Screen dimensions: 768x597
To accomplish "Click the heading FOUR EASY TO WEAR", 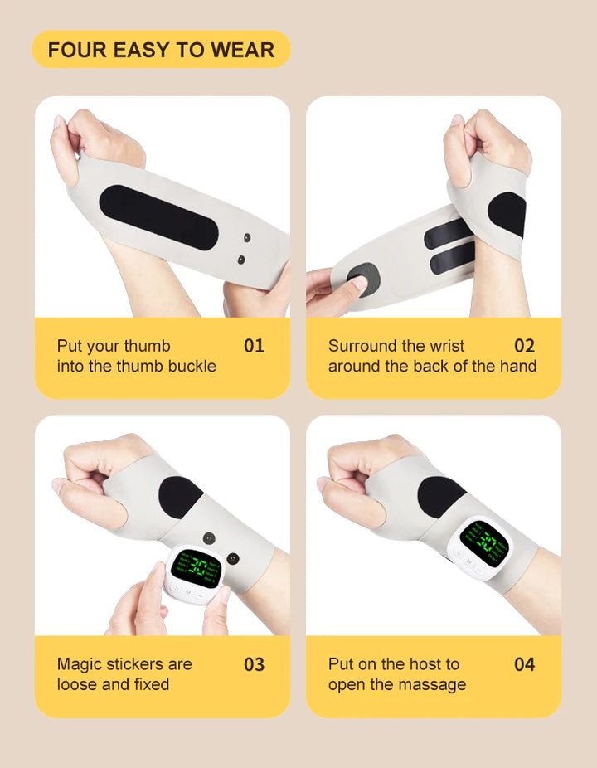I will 161,50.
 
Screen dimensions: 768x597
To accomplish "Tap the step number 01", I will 254,346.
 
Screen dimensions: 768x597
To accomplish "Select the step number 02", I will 525,346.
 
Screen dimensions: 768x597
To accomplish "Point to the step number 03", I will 254,664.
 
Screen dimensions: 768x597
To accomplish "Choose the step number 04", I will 525,664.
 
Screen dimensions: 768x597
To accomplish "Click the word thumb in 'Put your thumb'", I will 149,346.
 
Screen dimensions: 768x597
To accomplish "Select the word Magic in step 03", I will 78,664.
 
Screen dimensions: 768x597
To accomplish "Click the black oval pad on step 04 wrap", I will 440,495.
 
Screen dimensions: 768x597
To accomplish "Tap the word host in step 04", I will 424,664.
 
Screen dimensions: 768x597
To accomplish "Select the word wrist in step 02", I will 447,346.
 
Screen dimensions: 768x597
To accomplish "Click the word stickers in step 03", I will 148,664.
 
